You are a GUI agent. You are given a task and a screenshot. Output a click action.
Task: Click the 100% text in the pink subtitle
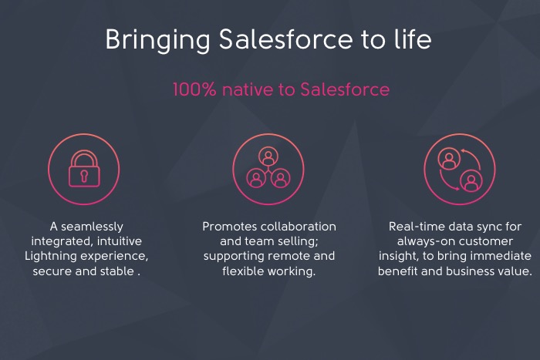coord(194,90)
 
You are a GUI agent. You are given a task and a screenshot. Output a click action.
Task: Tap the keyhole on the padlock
coord(83,176)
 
